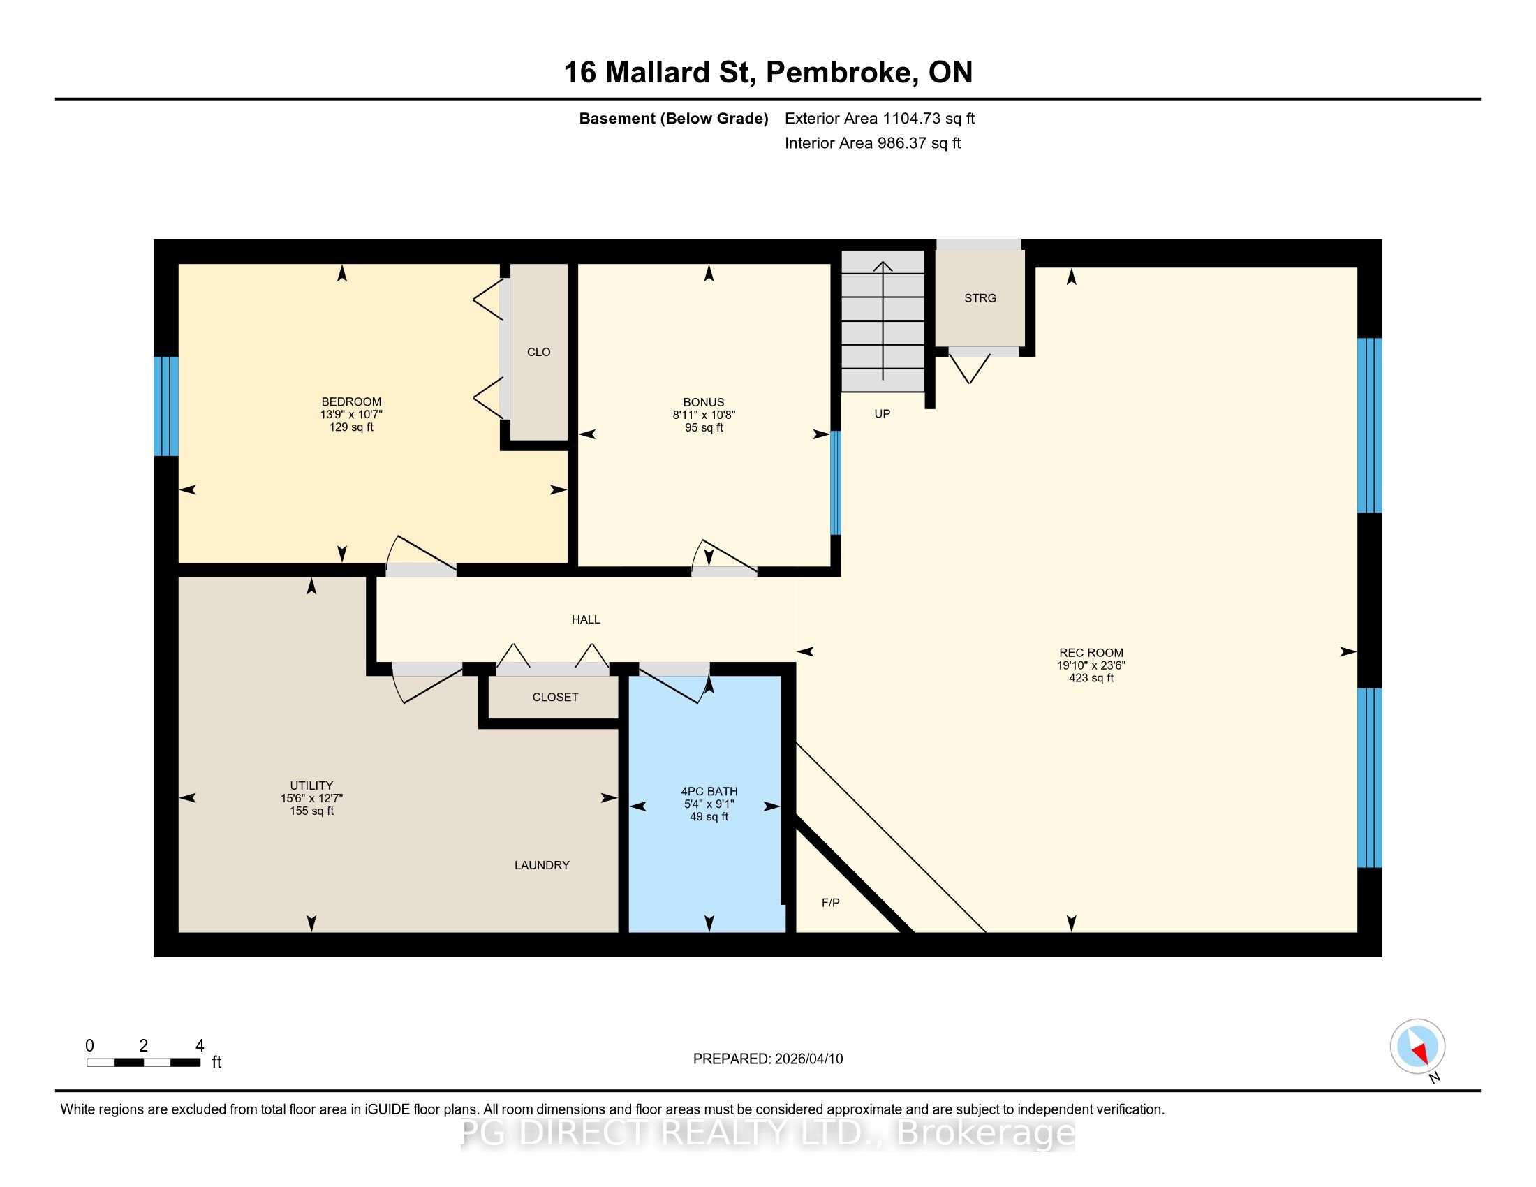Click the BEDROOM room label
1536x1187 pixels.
click(x=351, y=401)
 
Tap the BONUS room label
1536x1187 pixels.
click(x=703, y=402)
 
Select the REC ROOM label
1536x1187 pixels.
click(x=1091, y=653)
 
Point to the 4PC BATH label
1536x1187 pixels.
click(x=709, y=791)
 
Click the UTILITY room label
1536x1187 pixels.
click(x=311, y=786)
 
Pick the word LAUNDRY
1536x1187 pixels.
click(x=542, y=865)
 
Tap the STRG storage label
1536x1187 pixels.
click(x=980, y=298)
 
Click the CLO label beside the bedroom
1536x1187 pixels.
click(x=539, y=352)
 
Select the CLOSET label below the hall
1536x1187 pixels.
click(x=555, y=697)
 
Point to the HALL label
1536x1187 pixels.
click(x=586, y=619)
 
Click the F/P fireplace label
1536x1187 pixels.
click(x=831, y=902)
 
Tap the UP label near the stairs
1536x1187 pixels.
click(x=882, y=413)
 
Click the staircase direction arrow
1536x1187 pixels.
click(x=883, y=319)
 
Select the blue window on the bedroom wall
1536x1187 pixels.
click(x=166, y=406)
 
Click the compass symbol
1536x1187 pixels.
click(x=1418, y=1047)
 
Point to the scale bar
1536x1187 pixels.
click(x=143, y=1063)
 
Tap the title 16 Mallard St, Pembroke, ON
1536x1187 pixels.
click(x=768, y=72)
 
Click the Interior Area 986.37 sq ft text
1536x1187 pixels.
click(x=873, y=142)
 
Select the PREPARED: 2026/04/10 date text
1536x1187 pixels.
click(x=768, y=1059)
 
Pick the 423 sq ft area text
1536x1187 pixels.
click(x=1091, y=678)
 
